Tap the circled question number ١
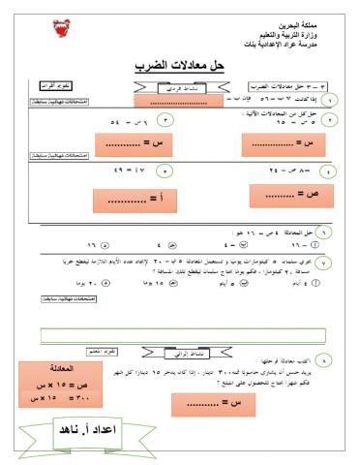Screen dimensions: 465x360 [x=331, y=100]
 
